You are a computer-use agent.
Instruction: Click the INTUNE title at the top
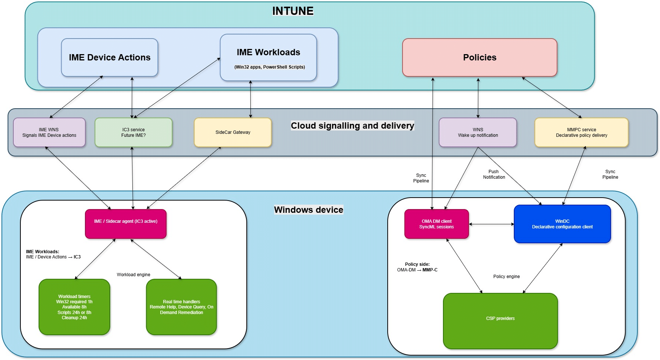coord(293,11)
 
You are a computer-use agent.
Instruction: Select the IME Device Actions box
coord(109,57)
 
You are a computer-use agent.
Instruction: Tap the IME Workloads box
coord(268,57)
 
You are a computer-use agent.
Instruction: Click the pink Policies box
coord(479,57)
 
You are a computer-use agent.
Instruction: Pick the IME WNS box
coord(49,132)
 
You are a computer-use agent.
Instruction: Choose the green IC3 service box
coord(133,132)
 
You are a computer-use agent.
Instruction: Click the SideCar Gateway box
coord(233,132)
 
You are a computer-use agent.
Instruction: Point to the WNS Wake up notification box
coord(477,132)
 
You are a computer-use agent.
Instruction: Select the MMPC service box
coord(581,132)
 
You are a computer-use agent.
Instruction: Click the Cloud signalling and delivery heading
coord(352,126)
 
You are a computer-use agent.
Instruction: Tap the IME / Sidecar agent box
coord(125,224)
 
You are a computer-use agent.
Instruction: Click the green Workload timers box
coord(74,307)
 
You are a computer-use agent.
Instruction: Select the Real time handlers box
coord(181,307)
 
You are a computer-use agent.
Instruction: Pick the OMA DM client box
coord(436,224)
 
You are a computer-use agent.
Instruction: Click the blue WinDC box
coord(562,224)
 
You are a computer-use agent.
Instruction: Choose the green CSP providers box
coord(500,321)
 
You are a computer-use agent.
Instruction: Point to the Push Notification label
coord(494,174)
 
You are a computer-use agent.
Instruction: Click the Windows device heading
coord(308,210)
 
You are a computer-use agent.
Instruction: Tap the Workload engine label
coord(133,275)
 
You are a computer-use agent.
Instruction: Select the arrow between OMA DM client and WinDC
coord(491,224)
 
